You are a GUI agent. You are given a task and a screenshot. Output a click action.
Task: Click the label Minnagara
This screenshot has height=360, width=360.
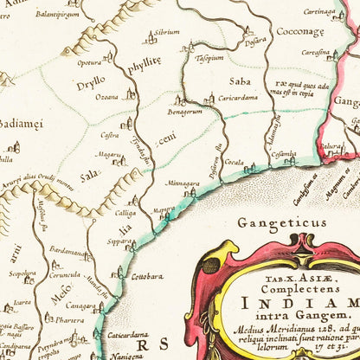point(183,183)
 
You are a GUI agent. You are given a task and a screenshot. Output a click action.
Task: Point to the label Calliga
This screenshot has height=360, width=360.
point(125,211)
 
